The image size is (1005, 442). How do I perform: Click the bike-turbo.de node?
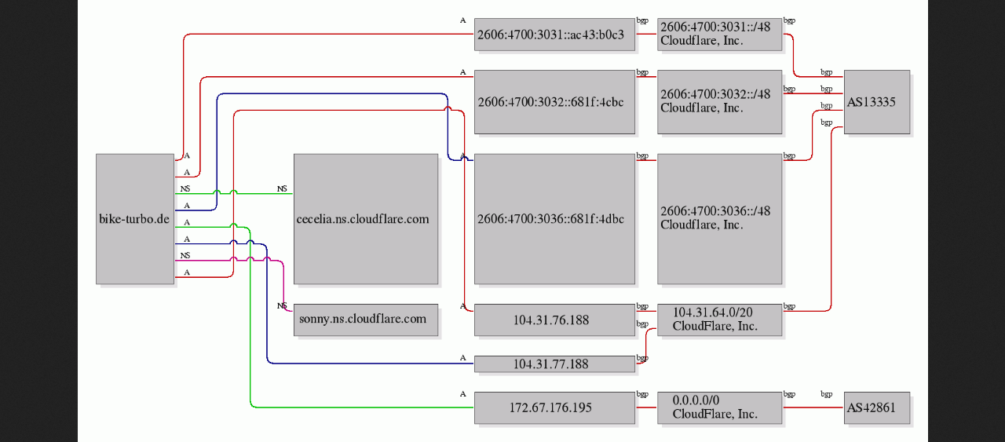pyautogui.click(x=135, y=219)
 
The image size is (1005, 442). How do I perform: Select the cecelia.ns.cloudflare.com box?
pyautogui.click(x=366, y=219)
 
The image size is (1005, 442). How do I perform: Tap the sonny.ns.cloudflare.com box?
pyautogui.click(x=366, y=320)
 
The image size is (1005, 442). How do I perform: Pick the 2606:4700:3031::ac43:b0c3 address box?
pyautogui.click(x=554, y=35)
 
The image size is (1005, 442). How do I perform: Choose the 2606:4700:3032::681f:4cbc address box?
pyautogui.click(x=554, y=102)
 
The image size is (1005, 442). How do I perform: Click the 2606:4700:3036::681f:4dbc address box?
pyautogui.click(x=554, y=219)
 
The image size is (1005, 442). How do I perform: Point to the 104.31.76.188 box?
pyautogui.click(x=554, y=320)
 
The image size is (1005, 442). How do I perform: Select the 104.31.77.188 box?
pyautogui.click(x=554, y=364)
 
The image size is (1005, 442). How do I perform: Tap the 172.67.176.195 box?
pyautogui.click(x=554, y=408)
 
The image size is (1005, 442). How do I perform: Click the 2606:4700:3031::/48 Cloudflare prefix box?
pyautogui.click(x=720, y=35)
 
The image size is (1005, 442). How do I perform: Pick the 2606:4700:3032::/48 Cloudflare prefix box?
pyautogui.click(x=720, y=102)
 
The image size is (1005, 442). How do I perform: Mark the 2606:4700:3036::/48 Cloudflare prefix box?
pyautogui.click(x=720, y=219)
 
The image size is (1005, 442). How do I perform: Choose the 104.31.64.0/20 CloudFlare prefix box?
pyautogui.click(x=720, y=320)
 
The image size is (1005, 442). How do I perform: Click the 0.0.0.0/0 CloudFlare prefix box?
pyautogui.click(x=720, y=408)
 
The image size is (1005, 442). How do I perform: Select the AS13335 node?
pyautogui.click(x=877, y=102)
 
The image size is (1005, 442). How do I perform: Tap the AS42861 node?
pyautogui.click(x=877, y=408)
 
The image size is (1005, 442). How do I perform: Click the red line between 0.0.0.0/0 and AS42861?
pyautogui.click(x=813, y=407)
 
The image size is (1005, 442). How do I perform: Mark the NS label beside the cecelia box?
pyautogui.click(x=282, y=189)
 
